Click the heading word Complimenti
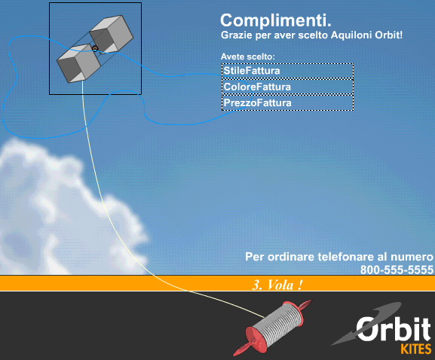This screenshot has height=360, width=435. tap(276, 20)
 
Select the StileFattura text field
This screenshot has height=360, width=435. tap(287, 71)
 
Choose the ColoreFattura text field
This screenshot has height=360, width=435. tap(287, 87)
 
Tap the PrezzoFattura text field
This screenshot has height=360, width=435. tap(287, 103)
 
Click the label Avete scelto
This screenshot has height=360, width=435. tap(248, 56)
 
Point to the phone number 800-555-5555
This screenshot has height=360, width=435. tap(397, 270)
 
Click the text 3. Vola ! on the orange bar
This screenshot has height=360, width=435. tap(277, 285)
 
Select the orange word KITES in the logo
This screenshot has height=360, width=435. tap(416, 349)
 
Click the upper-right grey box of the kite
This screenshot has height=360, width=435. tap(112, 34)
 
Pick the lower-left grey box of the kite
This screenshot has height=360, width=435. tap(79, 64)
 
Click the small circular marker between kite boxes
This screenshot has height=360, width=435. tap(95, 48)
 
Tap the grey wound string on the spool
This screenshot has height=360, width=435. tap(278, 323)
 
